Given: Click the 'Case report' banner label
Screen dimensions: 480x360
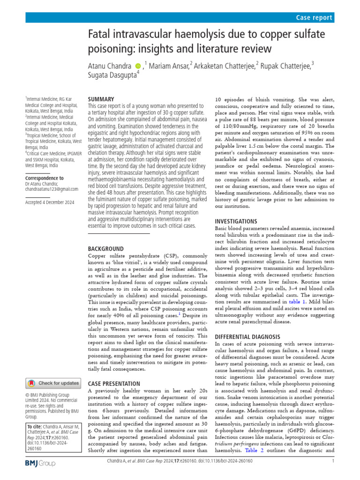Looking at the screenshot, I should [x=315, y=17].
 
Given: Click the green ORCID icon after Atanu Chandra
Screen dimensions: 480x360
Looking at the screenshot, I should [x=138, y=67].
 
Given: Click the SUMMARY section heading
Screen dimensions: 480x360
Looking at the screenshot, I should [x=101, y=99].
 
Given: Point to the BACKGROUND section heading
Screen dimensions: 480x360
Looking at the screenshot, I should [x=106, y=248].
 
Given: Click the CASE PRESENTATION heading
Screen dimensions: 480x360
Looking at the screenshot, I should [x=114, y=383].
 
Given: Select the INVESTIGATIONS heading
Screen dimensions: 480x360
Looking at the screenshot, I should [x=236, y=221].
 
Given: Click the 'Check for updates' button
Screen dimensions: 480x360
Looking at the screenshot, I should [x=52, y=383].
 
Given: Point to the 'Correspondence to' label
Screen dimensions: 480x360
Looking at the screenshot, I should [x=45, y=178].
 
